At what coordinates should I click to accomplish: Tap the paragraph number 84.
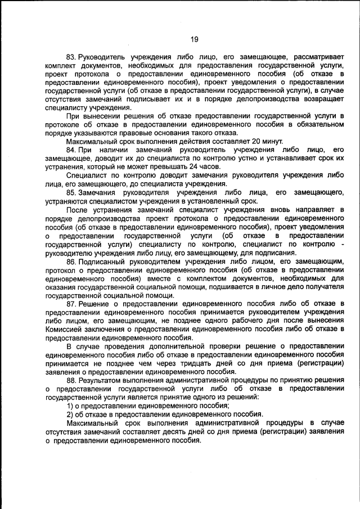(70, 150)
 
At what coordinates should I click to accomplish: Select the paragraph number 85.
(70, 192)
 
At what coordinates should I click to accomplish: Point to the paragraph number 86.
(70, 262)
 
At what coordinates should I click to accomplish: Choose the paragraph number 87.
(70, 304)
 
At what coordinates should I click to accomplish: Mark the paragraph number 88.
(70, 380)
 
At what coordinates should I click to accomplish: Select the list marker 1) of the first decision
(70, 406)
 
